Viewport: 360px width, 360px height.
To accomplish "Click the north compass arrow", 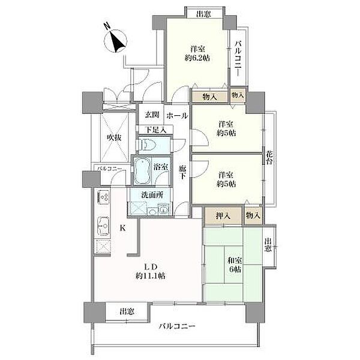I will pyautogui.click(x=116, y=40).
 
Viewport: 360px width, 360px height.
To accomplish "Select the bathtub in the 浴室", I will pyautogui.click(x=142, y=170).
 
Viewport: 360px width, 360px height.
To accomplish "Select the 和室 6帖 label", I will pyautogui.click(x=234, y=265).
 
